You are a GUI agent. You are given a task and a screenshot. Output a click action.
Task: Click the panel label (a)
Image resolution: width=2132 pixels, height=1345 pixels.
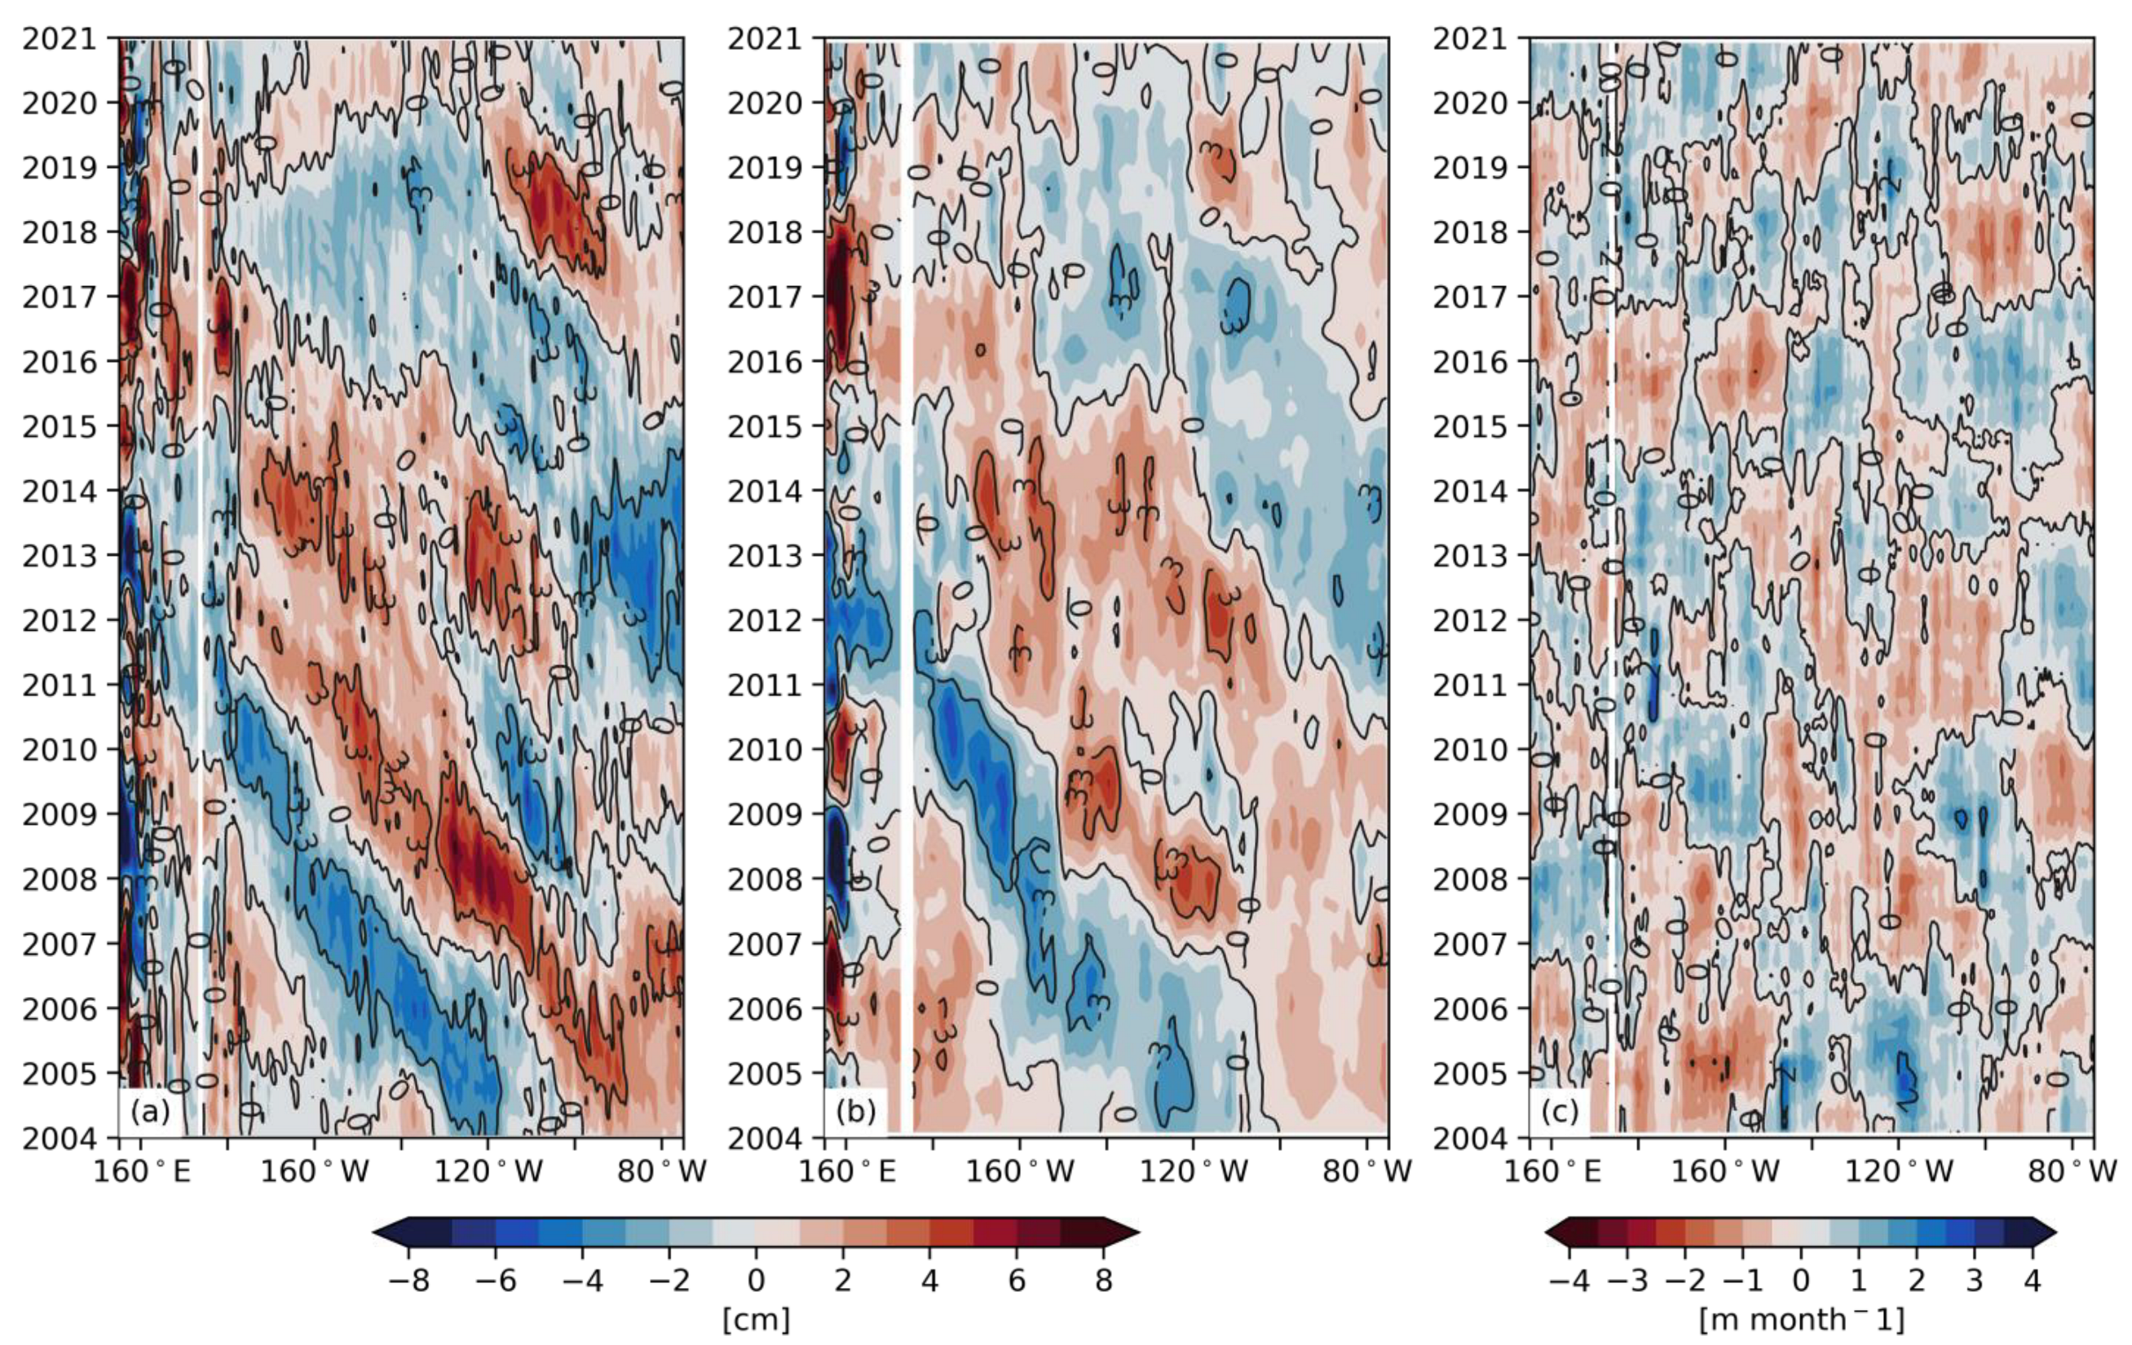point(150,1111)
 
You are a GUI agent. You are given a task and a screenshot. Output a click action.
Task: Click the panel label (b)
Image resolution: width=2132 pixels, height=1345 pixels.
point(855,1111)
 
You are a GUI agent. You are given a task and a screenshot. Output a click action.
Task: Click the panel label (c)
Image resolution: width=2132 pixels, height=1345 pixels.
point(1560,1111)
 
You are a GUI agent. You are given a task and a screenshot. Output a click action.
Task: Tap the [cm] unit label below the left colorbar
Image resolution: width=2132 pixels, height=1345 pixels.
point(755,1319)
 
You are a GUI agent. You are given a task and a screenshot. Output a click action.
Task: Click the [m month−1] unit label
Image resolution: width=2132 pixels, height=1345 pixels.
point(1801,1319)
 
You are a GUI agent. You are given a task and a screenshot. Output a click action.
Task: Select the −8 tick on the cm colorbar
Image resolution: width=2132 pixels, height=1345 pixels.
point(408,1281)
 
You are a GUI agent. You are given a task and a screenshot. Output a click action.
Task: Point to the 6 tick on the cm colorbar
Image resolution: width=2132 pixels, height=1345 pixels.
point(1017,1281)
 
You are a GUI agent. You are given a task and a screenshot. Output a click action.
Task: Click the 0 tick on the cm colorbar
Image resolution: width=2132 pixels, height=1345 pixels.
point(755,1281)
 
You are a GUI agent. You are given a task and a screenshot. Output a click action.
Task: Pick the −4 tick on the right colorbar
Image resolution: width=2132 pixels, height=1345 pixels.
point(1569,1281)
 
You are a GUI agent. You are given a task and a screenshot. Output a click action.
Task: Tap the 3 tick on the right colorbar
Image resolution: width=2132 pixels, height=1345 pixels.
point(1975,1281)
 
